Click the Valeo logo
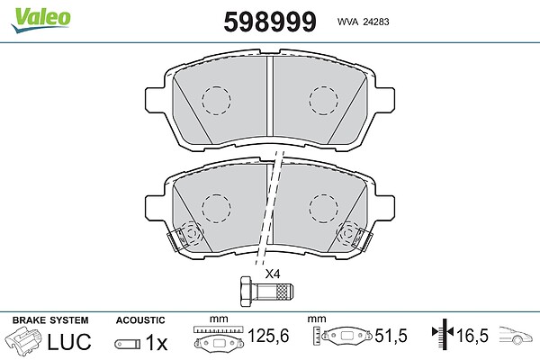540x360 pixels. pos(40,19)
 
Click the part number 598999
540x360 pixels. pos(270,22)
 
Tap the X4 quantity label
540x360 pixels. pos(273,274)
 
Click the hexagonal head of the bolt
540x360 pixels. pos(246,291)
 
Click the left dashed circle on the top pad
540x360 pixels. pos(216,100)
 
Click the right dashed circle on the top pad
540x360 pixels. pos(323,100)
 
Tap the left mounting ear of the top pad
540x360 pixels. pos(155,100)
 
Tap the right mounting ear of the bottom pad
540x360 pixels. pos(385,208)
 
